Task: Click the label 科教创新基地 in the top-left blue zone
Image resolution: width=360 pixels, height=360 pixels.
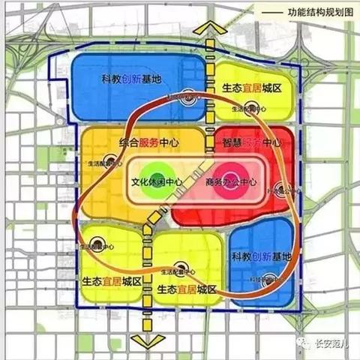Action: point(132,79)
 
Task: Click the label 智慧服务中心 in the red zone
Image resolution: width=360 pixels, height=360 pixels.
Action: point(252,142)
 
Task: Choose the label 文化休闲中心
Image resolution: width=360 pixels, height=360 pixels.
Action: point(157,182)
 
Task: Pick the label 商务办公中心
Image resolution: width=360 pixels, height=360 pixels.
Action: point(230,183)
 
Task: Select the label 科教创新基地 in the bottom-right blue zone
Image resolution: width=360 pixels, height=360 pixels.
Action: point(261,257)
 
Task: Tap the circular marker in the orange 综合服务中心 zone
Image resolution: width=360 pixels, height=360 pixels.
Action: point(109,160)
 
